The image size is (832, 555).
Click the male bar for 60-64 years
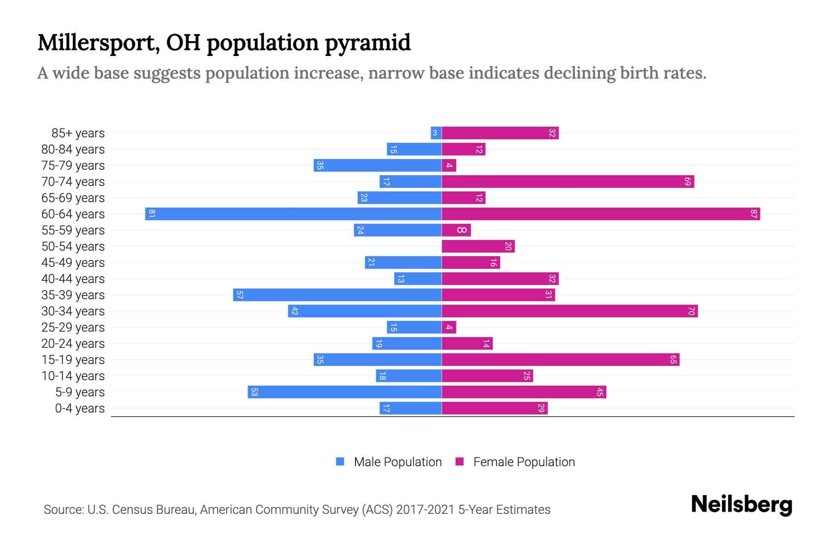[293, 214]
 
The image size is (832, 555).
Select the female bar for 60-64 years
[601, 214]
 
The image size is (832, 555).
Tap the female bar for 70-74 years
[568, 182]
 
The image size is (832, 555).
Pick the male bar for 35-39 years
[337, 295]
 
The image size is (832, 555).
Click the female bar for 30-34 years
[569, 311]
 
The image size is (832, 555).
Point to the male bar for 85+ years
[436, 133]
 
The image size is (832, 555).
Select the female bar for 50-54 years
[478, 247]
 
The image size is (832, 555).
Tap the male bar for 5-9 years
[344, 392]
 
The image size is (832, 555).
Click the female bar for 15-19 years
[560, 360]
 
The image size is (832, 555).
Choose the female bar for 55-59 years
[456, 230]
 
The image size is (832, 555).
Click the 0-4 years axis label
[80, 408]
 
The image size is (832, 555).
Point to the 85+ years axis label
[78, 133]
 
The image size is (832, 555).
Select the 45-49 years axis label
[73, 263]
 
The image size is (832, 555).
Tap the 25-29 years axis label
[73, 327]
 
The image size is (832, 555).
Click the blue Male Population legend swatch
[340, 462]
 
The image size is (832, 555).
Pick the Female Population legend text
[524, 462]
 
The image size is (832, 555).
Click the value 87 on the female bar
[753, 214]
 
